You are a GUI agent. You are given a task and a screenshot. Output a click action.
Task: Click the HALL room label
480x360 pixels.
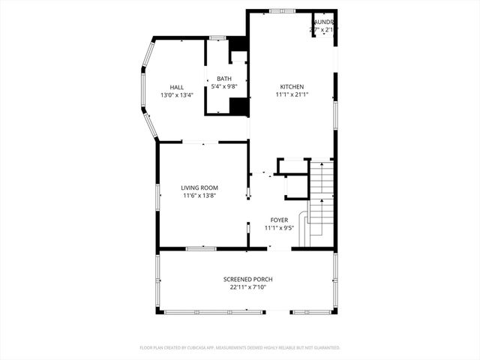[176, 88]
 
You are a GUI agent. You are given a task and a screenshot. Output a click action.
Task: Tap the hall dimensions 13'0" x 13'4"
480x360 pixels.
[176, 96]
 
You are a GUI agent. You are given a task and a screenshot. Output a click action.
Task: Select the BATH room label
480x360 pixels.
[224, 79]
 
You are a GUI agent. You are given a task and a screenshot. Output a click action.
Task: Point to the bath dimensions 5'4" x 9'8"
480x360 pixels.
[224, 87]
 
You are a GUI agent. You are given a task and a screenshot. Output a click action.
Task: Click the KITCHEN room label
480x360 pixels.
[292, 87]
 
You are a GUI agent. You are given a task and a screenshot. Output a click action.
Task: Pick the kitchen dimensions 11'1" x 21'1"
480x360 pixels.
[292, 95]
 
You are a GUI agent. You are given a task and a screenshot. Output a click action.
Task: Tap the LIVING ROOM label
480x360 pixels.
[199, 187]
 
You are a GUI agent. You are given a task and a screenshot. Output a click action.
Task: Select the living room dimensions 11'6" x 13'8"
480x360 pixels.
[199, 196]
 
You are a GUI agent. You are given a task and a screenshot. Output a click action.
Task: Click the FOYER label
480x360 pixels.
[280, 220]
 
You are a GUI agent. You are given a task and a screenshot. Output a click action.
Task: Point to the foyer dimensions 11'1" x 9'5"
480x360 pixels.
[280, 228]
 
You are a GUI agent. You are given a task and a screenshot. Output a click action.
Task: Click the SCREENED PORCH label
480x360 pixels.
[248, 279]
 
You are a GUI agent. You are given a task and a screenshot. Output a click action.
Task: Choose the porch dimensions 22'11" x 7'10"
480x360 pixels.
[248, 287]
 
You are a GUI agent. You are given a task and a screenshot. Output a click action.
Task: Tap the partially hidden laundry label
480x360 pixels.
[324, 22]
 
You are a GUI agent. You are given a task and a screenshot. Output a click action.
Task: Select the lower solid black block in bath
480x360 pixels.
[238, 106]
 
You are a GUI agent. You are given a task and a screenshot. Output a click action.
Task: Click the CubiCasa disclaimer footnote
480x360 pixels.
[240, 348]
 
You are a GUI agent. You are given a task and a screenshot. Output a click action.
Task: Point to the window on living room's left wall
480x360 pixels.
[157, 196]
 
